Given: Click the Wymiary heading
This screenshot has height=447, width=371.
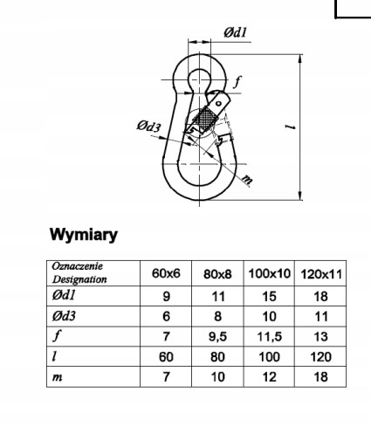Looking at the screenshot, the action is [84, 235].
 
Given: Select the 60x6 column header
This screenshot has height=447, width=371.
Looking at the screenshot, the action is [166, 273].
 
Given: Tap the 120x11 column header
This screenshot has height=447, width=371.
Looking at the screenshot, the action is [321, 274].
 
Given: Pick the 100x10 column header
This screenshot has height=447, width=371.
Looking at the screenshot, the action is [269, 273].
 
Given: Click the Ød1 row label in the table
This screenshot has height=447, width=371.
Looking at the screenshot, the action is [64, 295].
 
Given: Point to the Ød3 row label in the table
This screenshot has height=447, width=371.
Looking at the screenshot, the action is [64, 316].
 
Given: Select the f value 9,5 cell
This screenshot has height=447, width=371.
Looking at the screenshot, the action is [217, 337].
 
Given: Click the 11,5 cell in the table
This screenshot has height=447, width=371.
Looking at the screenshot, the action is [269, 337].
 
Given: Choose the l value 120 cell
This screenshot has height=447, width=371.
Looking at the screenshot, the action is [320, 357].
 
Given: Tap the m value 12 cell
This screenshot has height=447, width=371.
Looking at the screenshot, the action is [269, 377].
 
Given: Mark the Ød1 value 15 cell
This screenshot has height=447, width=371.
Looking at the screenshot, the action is [269, 296].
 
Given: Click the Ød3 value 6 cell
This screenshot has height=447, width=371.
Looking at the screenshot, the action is [166, 316].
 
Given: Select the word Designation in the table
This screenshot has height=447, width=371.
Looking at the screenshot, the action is [79, 279].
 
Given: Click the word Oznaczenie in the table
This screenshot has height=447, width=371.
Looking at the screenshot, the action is [77, 266].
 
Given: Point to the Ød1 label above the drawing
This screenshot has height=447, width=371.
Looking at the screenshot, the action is [235, 32].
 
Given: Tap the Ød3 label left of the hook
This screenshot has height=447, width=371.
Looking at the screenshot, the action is [148, 127].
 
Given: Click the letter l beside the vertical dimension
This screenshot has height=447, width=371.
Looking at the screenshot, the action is [290, 127].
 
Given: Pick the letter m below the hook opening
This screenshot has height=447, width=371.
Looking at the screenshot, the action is [247, 179].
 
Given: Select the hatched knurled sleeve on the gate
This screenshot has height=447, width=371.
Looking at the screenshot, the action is [206, 119].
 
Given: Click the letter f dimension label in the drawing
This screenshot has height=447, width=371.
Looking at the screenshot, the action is [237, 82].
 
